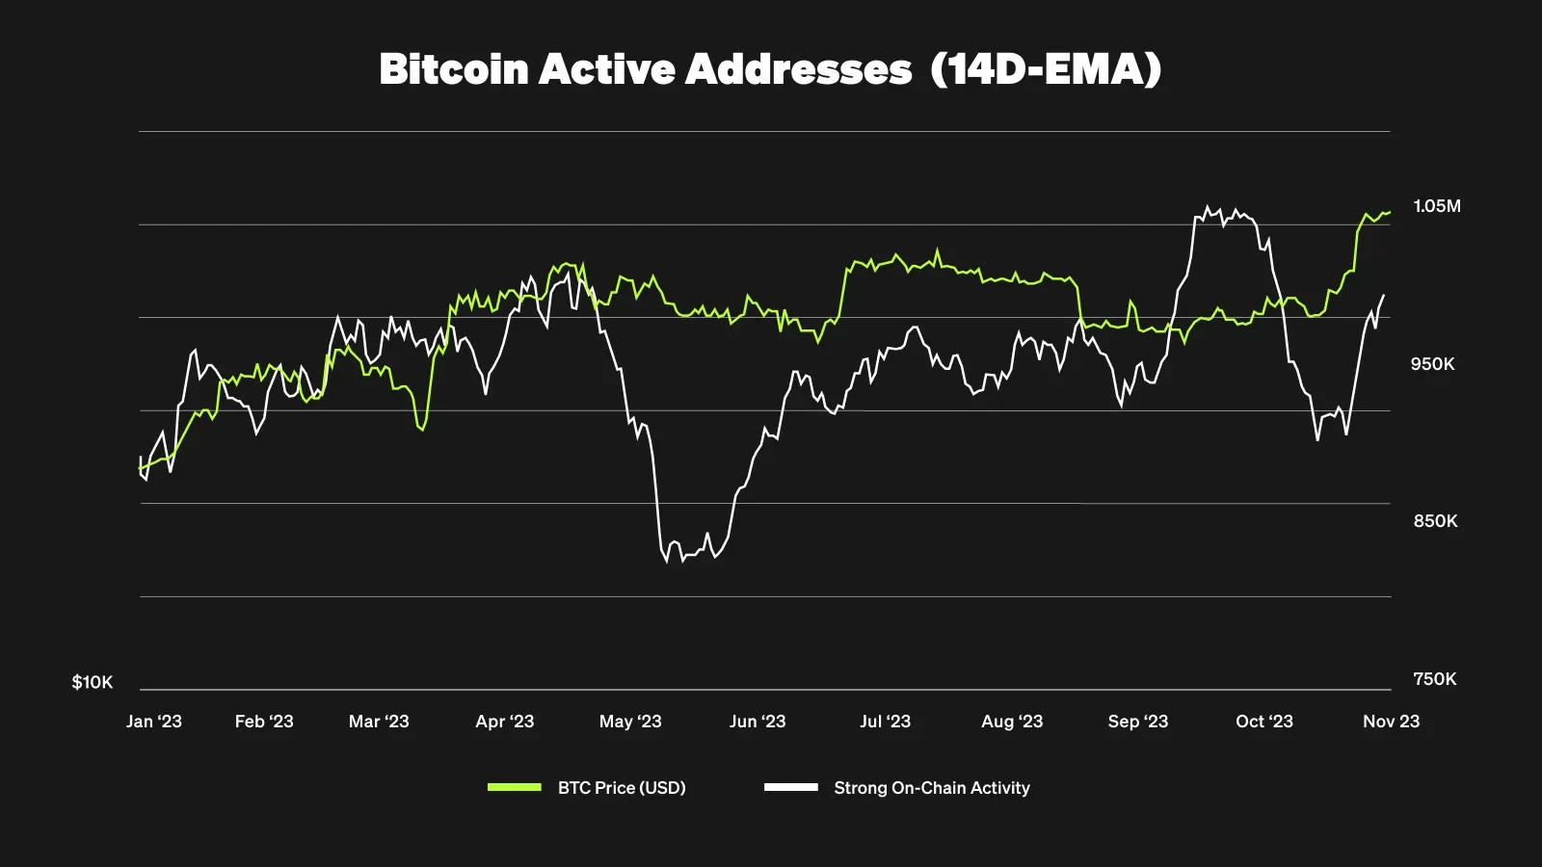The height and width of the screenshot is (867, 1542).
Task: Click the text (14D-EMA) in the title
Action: (x=1046, y=69)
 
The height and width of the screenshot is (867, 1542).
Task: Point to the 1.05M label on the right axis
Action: (x=1436, y=206)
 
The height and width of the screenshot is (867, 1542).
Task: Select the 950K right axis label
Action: (x=1432, y=364)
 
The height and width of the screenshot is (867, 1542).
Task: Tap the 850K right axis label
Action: (x=1435, y=521)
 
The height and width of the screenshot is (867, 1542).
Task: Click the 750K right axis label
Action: (x=1434, y=679)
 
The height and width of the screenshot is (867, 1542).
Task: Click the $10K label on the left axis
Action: (x=93, y=682)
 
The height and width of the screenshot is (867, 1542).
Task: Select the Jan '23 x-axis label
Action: (x=154, y=722)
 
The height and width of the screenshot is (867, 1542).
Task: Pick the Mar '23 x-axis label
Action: (x=379, y=722)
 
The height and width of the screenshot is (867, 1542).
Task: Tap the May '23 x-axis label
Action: (x=630, y=722)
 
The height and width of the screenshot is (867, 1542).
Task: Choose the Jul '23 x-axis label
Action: (x=885, y=722)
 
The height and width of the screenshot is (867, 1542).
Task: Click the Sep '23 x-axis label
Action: (x=1137, y=722)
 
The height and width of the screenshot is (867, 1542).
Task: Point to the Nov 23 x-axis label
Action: (x=1391, y=722)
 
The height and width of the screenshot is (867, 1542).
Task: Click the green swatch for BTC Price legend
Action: (x=515, y=787)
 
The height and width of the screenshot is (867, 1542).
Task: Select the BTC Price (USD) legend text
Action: (x=622, y=788)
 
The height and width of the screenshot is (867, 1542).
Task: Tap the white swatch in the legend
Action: (x=790, y=787)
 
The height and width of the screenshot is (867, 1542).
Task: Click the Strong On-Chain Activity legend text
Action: (x=931, y=788)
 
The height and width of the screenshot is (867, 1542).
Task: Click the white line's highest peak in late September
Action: (x=1208, y=206)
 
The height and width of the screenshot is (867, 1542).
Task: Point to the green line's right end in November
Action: (x=1390, y=212)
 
